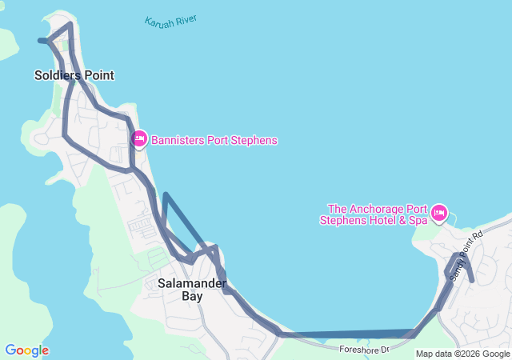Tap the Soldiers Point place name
coord(74,75)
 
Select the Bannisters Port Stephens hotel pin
coord(139,140)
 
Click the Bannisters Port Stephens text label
coord(214,140)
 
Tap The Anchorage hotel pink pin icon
coord(438,213)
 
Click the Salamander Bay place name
coord(191,289)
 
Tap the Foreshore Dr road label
coord(362,350)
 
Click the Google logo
coord(26,350)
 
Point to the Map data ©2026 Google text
coord(462,354)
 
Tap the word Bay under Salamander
coord(191,296)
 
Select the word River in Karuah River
coord(186,18)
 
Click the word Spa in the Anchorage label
coord(418,219)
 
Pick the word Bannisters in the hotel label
coord(179,140)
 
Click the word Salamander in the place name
coord(191,282)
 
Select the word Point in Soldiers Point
coord(97,75)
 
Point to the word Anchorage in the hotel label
coord(378,206)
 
